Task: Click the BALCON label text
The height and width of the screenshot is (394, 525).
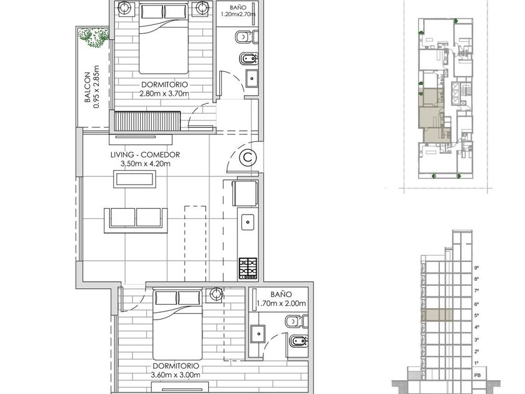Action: click(x=87, y=87)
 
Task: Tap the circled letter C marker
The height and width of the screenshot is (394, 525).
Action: click(x=248, y=157)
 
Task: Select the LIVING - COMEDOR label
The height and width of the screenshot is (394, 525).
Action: click(x=145, y=155)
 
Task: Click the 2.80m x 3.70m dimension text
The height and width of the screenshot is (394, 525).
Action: click(x=164, y=94)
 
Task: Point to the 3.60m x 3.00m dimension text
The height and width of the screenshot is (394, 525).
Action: click(x=176, y=375)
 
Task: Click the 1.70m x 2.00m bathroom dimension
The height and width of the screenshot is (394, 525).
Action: click(x=281, y=303)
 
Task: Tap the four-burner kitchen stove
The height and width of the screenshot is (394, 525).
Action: click(x=248, y=268)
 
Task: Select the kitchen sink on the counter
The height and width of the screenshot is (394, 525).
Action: click(x=247, y=223)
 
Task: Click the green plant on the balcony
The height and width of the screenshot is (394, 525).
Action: click(x=94, y=37)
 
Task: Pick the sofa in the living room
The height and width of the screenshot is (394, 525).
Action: click(x=136, y=220)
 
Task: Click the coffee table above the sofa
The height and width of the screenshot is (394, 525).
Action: click(x=135, y=179)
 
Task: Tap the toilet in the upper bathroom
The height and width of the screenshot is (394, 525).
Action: click(x=247, y=37)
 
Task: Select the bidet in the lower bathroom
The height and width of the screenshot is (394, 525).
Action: click(x=298, y=341)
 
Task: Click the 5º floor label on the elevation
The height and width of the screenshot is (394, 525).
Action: click(x=476, y=315)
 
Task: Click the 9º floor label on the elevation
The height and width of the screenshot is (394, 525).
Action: click(x=476, y=268)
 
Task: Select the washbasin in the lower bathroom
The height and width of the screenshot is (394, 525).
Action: click(x=259, y=334)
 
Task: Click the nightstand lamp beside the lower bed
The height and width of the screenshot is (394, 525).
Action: click(x=216, y=294)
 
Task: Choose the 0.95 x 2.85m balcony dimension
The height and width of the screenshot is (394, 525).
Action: click(x=96, y=86)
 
